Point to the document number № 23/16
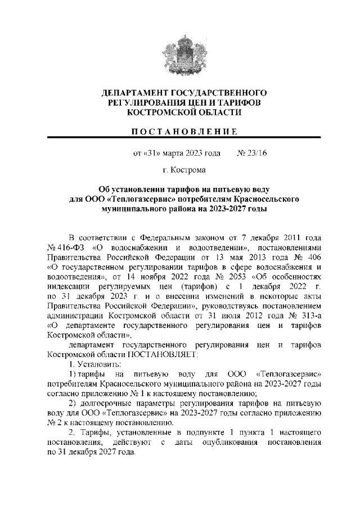point(250,152)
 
